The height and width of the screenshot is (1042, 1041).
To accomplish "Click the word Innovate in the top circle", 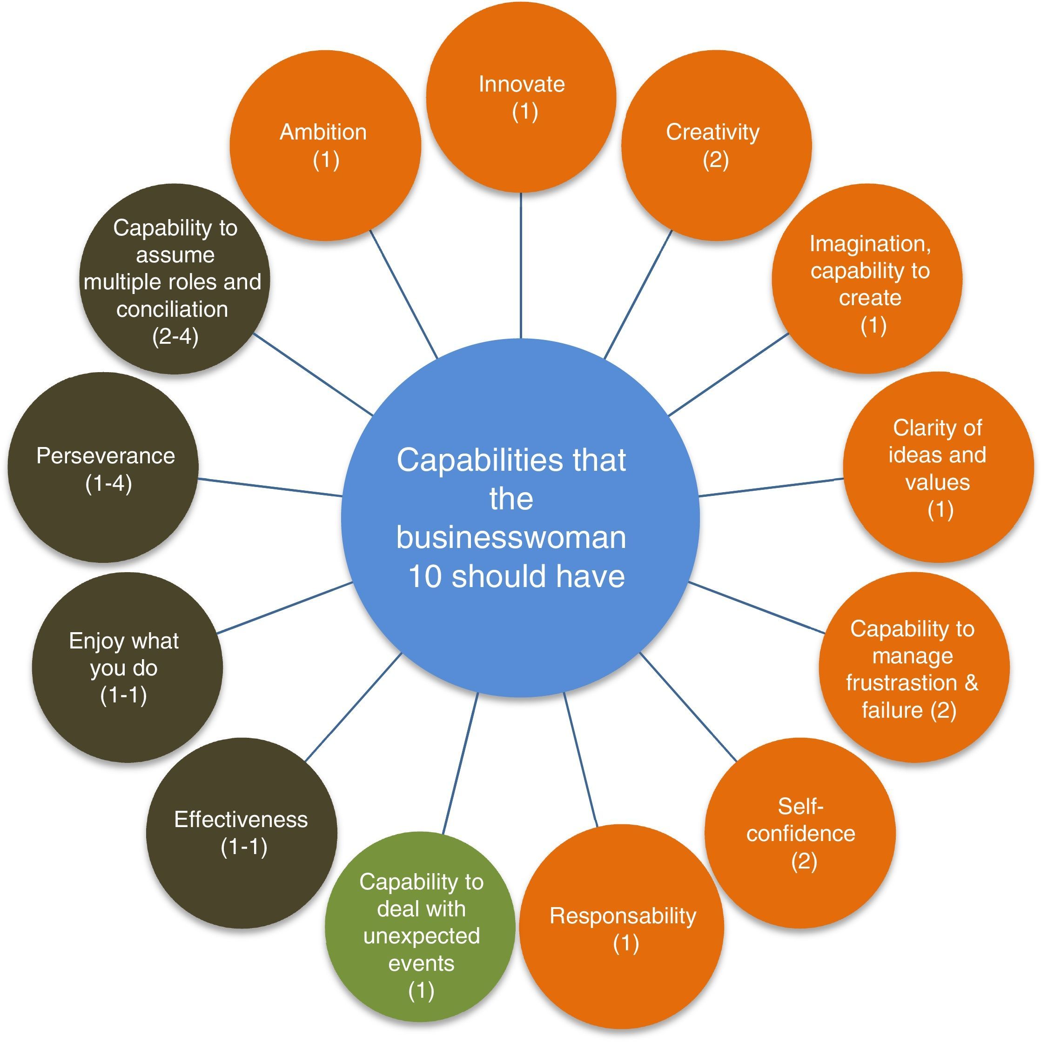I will [x=521, y=85].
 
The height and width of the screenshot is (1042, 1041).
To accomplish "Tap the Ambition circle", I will [x=325, y=146].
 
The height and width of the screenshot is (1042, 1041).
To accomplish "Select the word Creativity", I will [x=712, y=132].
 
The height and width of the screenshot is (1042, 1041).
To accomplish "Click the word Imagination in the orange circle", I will [x=870, y=244].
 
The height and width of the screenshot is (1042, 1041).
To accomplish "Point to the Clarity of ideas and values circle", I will [x=938, y=467].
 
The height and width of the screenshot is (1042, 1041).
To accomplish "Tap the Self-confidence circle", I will [x=800, y=833].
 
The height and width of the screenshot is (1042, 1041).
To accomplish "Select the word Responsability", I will [x=623, y=916].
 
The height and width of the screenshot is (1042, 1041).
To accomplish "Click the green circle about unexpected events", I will [x=420, y=927].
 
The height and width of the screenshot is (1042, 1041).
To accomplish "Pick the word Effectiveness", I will [x=241, y=819].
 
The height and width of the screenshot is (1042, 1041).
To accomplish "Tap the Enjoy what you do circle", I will [x=128, y=668].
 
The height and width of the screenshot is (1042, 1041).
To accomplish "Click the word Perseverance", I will [x=106, y=456].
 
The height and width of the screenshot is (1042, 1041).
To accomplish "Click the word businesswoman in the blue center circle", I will [x=511, y=538].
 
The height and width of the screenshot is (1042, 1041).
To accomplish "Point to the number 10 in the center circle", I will [x=425, y=576].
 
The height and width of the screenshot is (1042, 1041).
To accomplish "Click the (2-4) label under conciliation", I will [x=175, y=336].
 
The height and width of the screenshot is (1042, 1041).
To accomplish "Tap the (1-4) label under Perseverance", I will [x=108, y=483].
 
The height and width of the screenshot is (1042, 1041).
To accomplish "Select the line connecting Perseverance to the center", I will [x=270, y=487].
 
